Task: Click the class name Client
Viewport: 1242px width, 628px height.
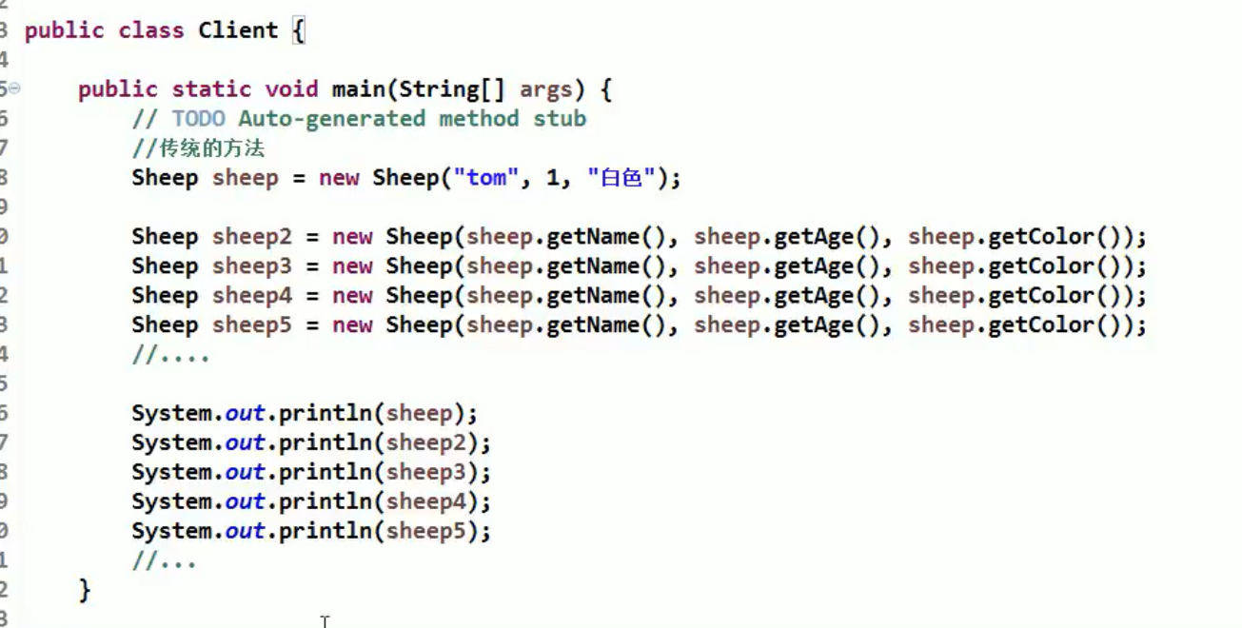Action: pyautogui.click(x=237, y=30)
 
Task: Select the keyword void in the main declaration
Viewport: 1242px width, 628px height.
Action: pyautogui.click(x=291, y=89)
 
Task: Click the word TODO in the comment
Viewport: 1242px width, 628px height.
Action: pyautogui.click(x=198, y=119)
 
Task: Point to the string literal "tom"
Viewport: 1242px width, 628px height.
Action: pyautogui.click(x=486, y=178)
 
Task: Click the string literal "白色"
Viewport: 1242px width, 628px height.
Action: pyautogui.click(x=622, y=178)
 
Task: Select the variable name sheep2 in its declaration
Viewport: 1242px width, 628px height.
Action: pyautogui.click(x=252, y=237)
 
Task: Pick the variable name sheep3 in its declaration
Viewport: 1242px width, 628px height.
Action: pyautogui.click(x=252, y=266)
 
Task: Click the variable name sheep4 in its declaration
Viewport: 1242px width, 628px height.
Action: pyautogui.click(x=252, y=296)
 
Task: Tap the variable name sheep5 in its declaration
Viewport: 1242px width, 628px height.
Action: pyautogui.click(x=252, y=325)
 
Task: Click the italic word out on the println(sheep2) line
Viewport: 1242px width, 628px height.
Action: pyautogui.click(x=245, y=442)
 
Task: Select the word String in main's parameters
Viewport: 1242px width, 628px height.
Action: pyautogui.click(x=439, y=89)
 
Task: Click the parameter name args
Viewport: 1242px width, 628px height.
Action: pyautogui.click(x=545, y=89)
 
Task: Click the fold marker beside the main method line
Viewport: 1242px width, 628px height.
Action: pyautogui.click(x=14, y=88)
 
